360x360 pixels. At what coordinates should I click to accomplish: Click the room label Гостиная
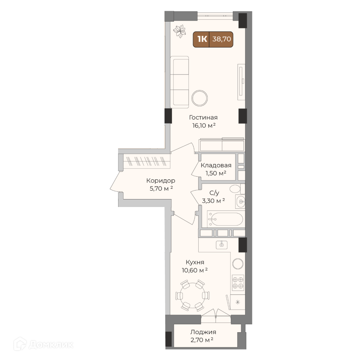tap(203, 118)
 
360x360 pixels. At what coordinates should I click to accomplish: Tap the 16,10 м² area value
tap(204, 125)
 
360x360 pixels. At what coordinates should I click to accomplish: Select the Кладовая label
tap(216, 165)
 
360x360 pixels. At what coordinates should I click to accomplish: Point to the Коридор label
tap(161, 181)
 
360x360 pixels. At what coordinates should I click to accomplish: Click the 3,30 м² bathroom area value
tap(213, 201)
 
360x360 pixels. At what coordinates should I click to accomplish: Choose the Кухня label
tap(195, 262)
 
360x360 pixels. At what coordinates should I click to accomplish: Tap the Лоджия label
tap(203, 332)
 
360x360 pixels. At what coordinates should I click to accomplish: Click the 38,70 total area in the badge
tap(221, 39)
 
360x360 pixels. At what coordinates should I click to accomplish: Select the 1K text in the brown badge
tap(202, 39)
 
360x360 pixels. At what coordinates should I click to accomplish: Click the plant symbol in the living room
tap(179, 31)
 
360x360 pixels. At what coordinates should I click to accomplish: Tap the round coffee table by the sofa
tap(200, 98)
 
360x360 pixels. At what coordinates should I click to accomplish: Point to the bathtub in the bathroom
tap(225, 219)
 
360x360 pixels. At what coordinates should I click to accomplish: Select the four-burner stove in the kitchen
tap(238, 283)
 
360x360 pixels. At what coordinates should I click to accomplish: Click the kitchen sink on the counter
tap(221, 245)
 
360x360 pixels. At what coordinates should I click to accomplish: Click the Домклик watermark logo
tap(44, 345)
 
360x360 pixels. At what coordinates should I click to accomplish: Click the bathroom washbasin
tap(240, 202)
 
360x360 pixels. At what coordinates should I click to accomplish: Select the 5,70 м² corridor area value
tap(161, 189)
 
